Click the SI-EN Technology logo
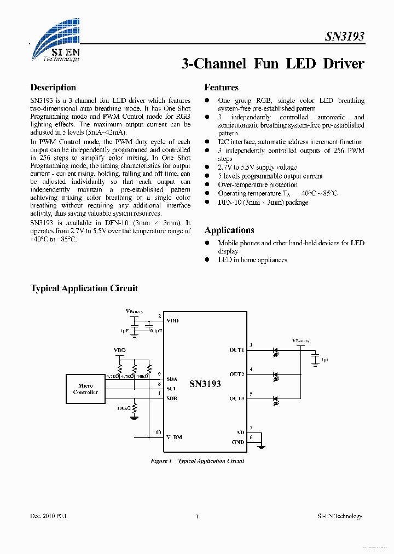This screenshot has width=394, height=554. coord(55,41)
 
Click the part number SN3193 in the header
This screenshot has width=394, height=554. coord(345,37)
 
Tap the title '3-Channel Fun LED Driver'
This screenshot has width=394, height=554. coord(273,64)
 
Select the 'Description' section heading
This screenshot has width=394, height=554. coord(53,88)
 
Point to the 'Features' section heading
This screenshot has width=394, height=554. coord(222,88)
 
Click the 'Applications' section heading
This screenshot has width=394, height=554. coord(229,230)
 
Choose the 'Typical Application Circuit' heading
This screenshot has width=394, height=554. coord(84,288)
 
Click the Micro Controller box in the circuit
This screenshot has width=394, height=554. coord(85,389)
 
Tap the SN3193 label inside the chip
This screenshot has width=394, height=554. coord(205,384)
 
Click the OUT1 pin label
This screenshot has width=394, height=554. coord(236,349)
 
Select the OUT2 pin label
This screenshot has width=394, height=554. coord(236,374)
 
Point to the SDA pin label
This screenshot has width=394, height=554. coord(172,379)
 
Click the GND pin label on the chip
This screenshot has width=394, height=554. coord(238,441)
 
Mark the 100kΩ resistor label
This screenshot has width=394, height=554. coord(123,408)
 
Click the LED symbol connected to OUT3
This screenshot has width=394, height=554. coord(275,400)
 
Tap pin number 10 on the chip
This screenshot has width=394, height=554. coord(158,432)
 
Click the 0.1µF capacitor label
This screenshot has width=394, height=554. coord(157,331)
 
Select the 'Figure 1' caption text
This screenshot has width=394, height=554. coord(161,461)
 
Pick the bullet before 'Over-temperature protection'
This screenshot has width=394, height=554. coord(207,185)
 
